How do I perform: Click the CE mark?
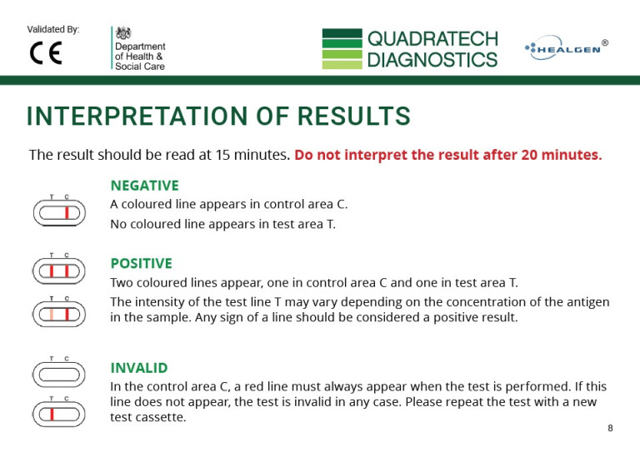(x=45, y=52)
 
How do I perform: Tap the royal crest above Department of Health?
(x=124, y=33)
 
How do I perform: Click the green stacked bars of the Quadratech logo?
(x=342, y=49)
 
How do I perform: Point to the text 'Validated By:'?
(x=53, y=29)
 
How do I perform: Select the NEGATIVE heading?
(x=144, y=185)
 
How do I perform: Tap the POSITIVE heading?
(x=141, y=263)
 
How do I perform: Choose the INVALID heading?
(x=139, y=367)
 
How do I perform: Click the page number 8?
(x=610, y=428)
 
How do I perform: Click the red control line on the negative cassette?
(x=66, y=214)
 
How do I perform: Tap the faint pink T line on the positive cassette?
(x=52, y=315)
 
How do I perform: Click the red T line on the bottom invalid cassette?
(x=52, y=412)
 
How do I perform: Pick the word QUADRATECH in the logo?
(x=432, y=38)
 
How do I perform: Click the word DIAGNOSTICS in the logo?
(x=432, y=60)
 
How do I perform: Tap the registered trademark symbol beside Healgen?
(x=604, y=42)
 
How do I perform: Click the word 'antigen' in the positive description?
(x=586, y=301)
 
